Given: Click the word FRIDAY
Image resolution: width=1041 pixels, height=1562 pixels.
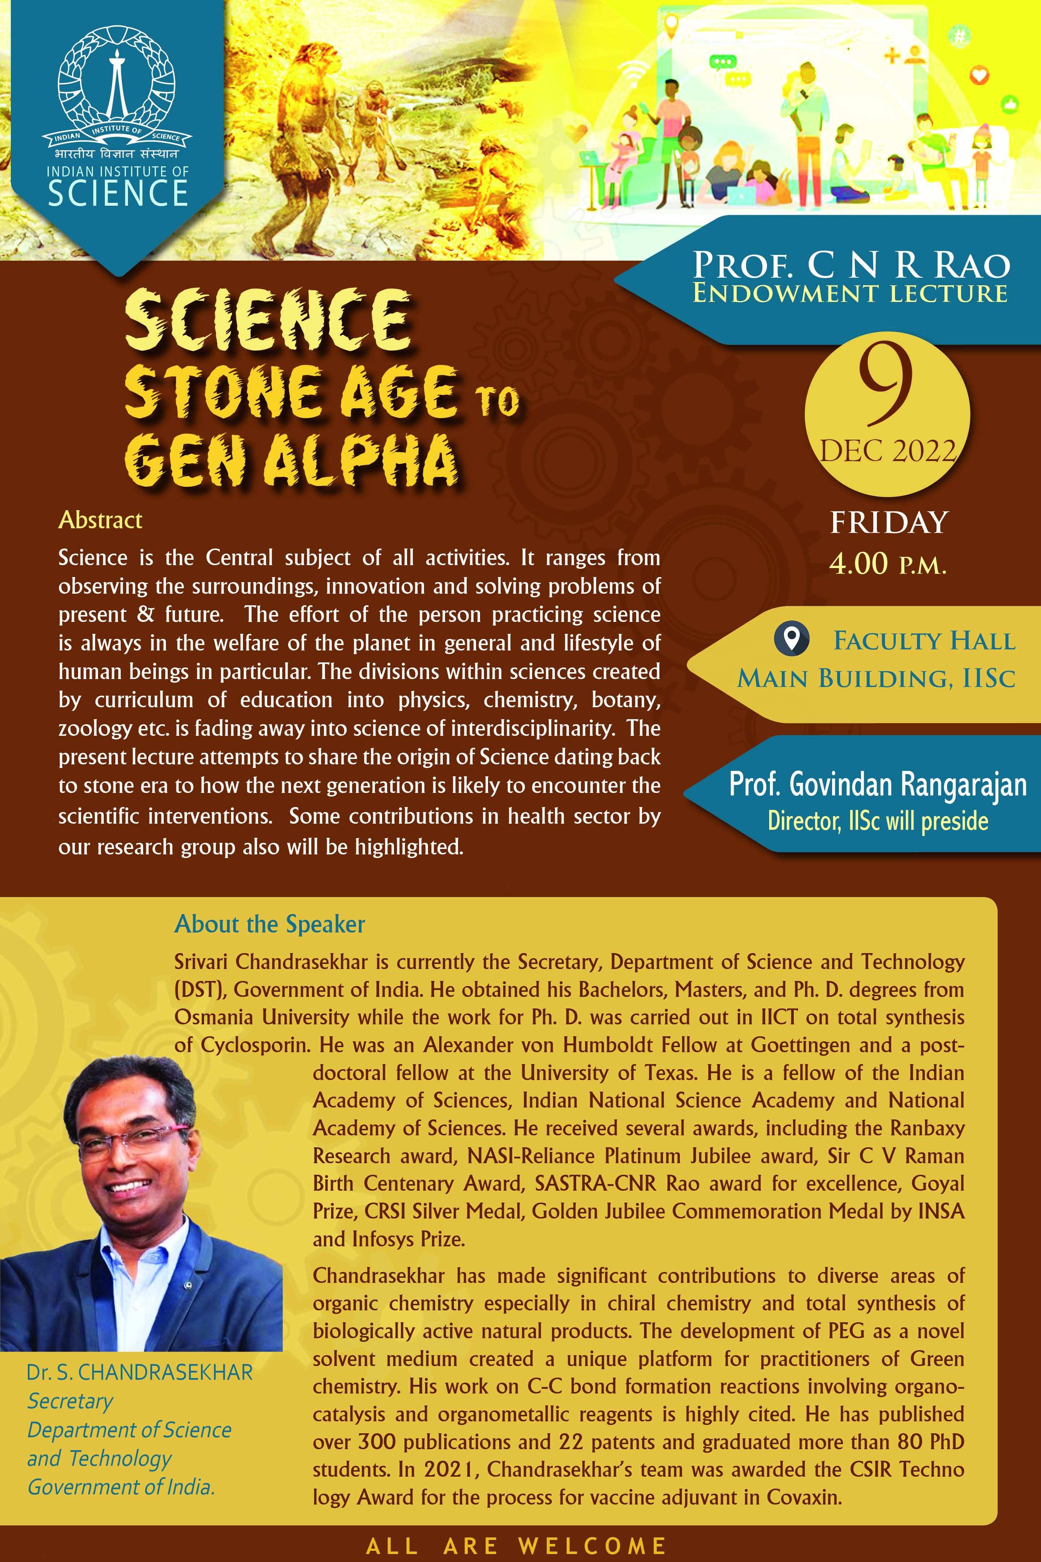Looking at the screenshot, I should click(889, 523).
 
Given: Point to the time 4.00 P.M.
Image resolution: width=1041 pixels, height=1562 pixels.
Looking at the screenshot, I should click(887, 564).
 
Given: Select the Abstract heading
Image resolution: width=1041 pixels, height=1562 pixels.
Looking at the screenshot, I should click(100, 520).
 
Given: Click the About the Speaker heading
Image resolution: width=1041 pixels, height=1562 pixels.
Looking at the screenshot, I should click(270, 924).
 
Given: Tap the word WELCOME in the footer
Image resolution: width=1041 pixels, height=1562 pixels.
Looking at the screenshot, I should click(592, 1545).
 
